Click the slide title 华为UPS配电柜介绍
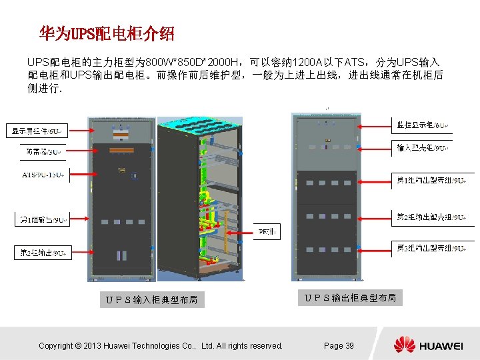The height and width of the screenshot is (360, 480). point(107,33)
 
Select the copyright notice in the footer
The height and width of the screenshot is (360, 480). point(161,345)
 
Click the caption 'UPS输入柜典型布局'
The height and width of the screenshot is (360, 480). point(152,300)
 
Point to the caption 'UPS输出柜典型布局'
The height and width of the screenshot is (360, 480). point(350,297)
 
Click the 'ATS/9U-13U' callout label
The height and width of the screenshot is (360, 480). point(43,175)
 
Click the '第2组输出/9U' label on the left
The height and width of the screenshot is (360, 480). point(43,253)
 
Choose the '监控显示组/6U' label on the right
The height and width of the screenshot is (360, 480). point(422,124)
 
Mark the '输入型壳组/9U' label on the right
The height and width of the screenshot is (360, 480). point(422,147)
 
